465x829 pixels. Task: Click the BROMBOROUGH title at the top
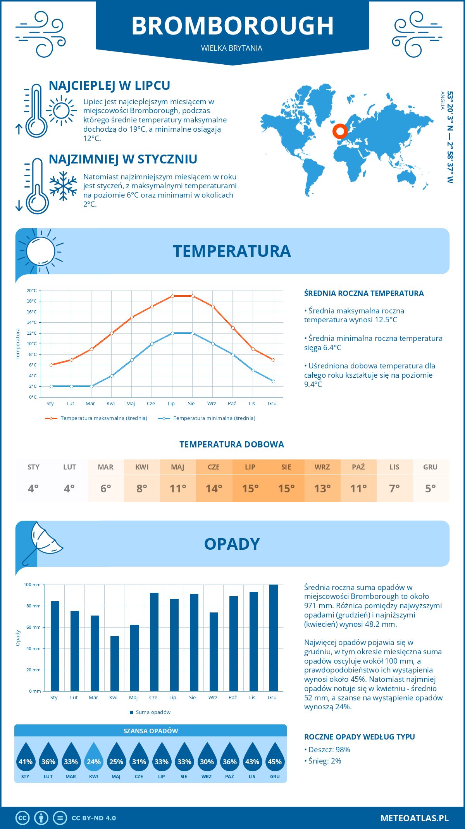232,26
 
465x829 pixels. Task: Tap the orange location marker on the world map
340,132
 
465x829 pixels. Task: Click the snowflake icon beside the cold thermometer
63,186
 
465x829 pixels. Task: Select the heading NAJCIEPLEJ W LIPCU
109,86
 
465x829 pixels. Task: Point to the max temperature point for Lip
172,296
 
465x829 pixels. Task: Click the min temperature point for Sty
51,386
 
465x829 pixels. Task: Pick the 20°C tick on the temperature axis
32,291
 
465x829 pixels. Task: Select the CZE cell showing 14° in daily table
214,481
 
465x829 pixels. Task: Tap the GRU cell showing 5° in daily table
431,481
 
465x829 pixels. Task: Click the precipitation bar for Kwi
115,663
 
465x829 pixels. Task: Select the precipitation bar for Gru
273,638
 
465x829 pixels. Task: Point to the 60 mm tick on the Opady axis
33,627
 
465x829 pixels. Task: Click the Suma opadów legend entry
153,712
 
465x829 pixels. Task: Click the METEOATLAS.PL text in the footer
414,818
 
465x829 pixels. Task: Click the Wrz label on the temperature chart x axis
212,404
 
